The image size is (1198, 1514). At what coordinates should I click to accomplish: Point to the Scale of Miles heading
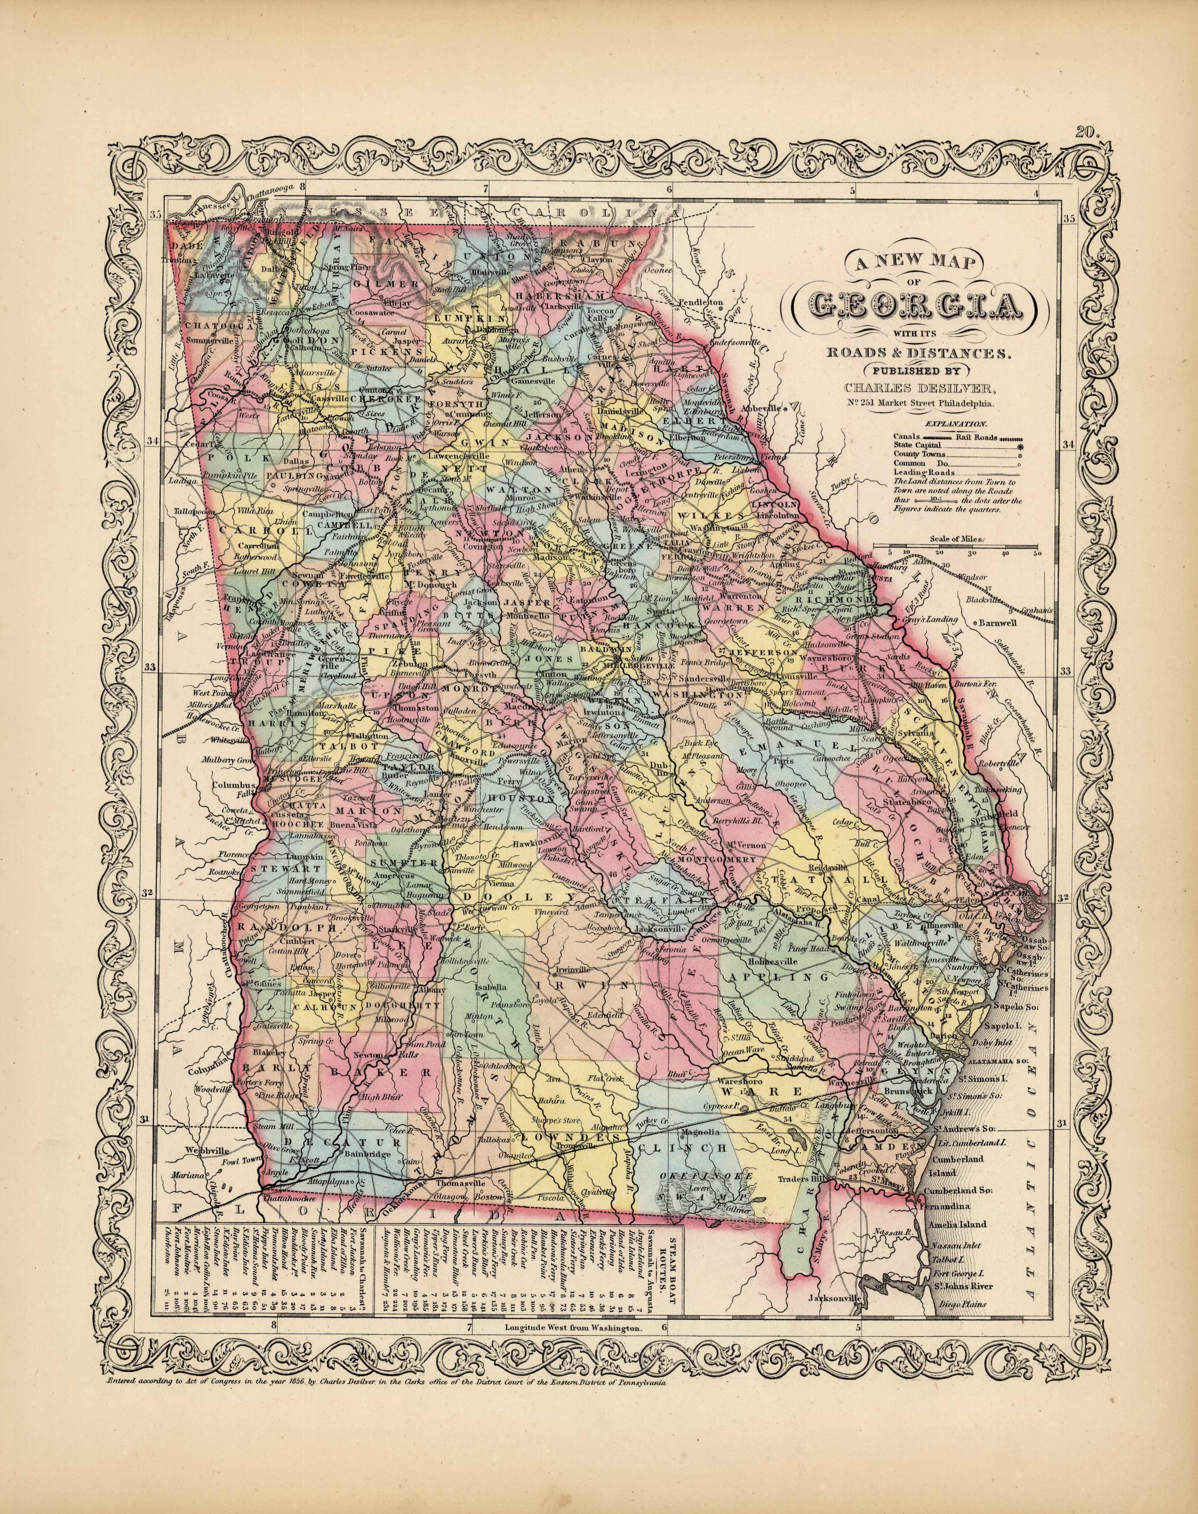956,539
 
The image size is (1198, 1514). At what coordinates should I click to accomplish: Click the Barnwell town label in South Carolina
1004,622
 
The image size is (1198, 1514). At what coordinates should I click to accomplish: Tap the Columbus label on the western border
234,785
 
